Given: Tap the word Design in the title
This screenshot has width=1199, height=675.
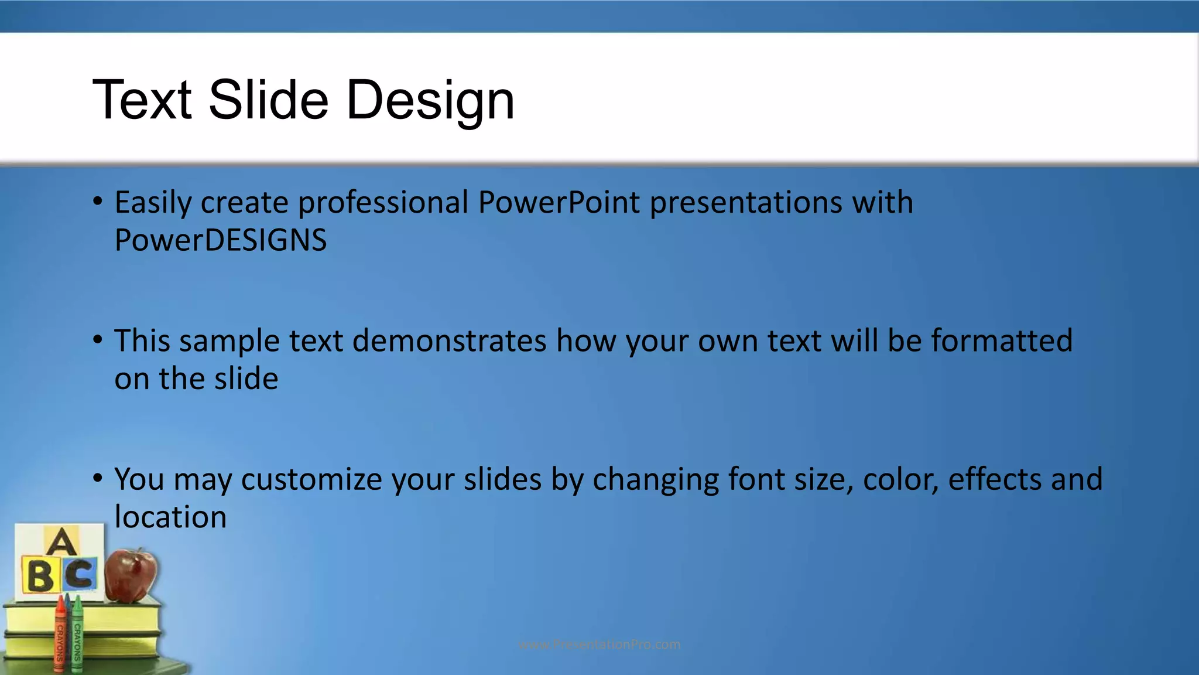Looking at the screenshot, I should tap(430, 101).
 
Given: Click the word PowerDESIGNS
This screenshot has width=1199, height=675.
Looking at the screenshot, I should tap(220, 240).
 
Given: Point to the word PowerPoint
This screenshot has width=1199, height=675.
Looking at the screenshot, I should tap(559, 203).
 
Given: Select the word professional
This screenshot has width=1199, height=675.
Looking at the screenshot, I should tap(383, 203).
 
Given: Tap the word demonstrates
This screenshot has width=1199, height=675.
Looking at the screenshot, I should tap(449, 341).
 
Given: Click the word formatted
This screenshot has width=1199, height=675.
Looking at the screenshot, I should tap(1002, 341).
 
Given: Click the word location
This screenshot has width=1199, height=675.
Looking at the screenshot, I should tap(170, 517).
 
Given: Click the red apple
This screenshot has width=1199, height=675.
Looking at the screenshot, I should tap(132, 575).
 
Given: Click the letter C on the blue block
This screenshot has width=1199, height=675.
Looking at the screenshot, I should tap(80, 575).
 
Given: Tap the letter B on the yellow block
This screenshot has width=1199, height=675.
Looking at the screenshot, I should tap(40, 576).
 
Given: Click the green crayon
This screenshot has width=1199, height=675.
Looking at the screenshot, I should tap(77, 636).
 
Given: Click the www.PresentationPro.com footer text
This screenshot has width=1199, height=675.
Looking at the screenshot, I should tap(599, 645).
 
